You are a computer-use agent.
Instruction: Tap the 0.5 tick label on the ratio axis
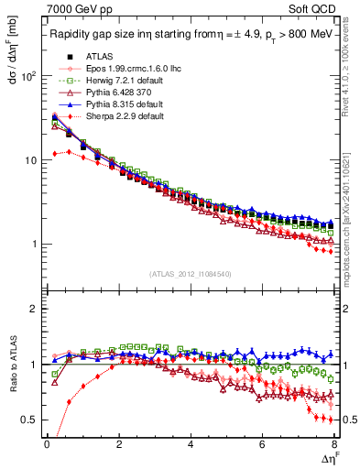tap(28, 420)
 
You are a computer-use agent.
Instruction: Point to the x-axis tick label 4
tap(190, 444)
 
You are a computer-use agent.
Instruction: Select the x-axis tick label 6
tap(262, 444)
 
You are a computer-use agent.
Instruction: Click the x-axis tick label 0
tap(47, 444)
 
